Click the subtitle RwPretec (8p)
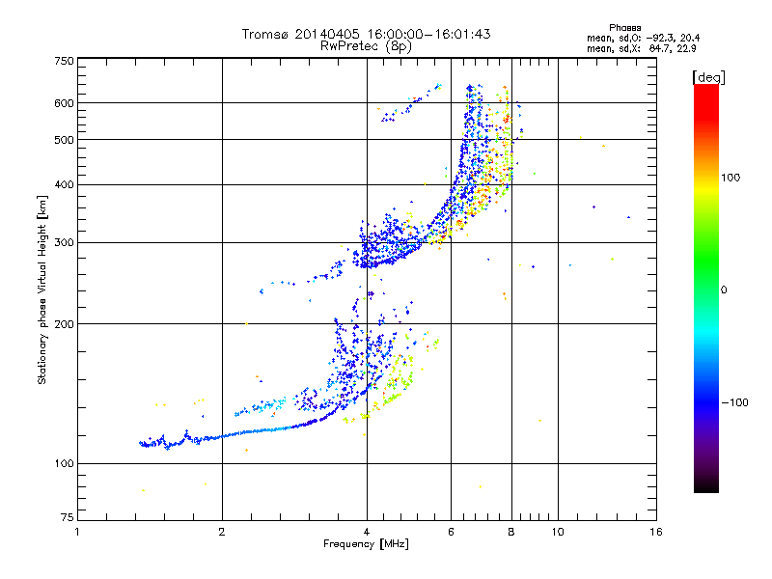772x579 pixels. [x=366, y=46]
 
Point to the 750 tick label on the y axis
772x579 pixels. [x=64, y=61]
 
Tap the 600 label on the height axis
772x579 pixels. [x=64, y=103]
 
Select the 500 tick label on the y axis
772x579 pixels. [x=64, y=140]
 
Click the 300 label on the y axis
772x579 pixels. [x=64, y=243]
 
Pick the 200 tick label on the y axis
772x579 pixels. [x=64, y=324]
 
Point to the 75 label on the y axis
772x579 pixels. [x=68, y=517]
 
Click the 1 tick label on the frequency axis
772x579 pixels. [x=77, y=532]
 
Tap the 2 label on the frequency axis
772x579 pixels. [x=222, y=532]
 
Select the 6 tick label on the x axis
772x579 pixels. [x=451, y=532]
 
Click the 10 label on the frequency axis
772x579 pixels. [x=558, y=532]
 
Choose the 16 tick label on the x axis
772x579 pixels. [x=656, y=532]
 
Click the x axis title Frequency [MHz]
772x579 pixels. [x=366, y=544]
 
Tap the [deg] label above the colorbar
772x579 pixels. [x=708, y=77]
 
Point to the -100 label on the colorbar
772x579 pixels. [x=735, y=402]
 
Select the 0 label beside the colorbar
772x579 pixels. [x=724, y=290]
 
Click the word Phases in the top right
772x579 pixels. [x=624, y=28]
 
